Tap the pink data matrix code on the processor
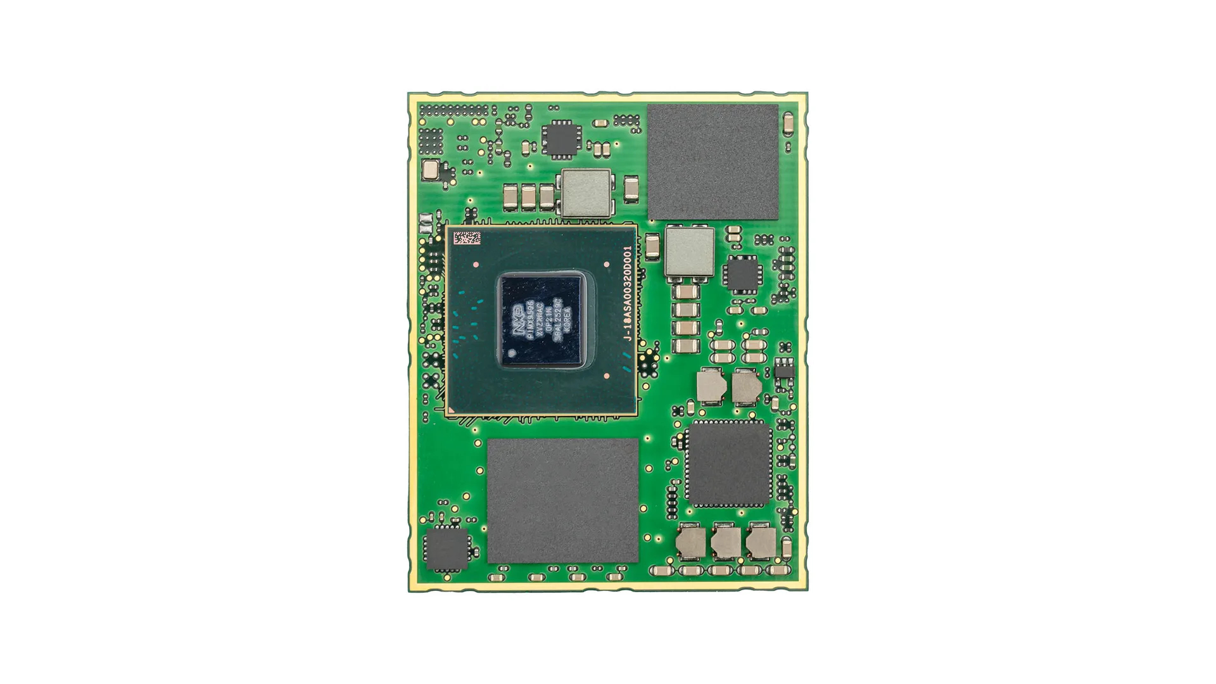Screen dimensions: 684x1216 tap(467, 239)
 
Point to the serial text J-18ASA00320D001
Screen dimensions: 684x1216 tap(628, 294)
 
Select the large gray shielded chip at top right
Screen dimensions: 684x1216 tap(712, 162)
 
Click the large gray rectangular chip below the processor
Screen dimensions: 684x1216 tap(562, 500)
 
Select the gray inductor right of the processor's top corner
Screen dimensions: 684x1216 tap(690, 252)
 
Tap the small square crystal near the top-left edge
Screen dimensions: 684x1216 tap(430, 170)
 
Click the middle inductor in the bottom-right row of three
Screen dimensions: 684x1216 tap(725, 542)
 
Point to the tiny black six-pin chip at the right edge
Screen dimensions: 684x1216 tap(783, 368)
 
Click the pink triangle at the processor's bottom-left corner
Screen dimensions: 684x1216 tap(451, 411)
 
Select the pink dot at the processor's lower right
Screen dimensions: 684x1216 tap(607, 376)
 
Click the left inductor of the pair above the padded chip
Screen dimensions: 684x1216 tap(710, 385)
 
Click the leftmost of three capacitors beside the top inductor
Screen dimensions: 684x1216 tap(510, 197)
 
